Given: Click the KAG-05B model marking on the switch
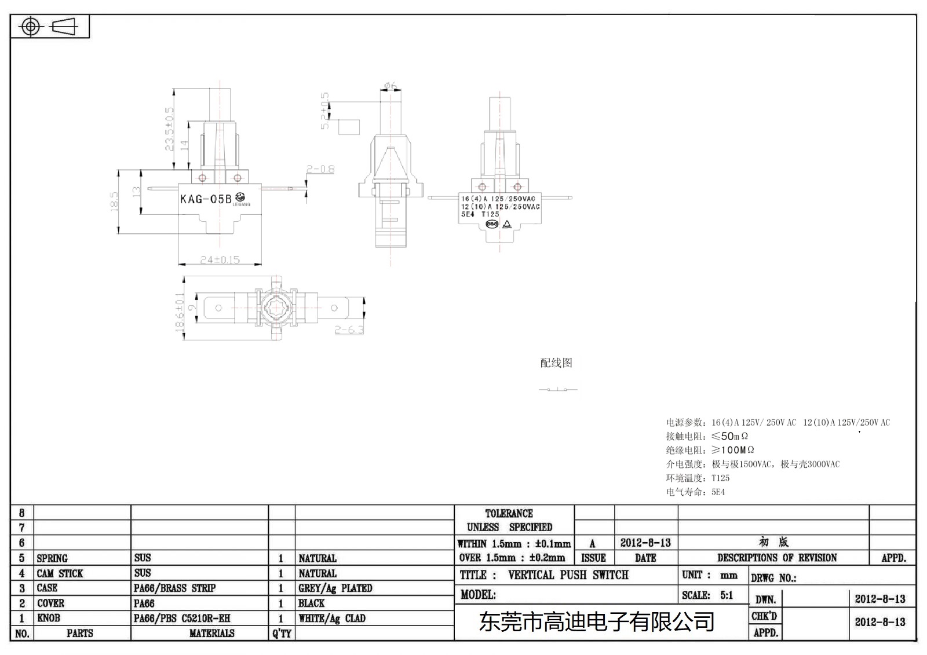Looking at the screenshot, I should click(206, 199).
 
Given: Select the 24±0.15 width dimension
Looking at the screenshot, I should click(220, 260).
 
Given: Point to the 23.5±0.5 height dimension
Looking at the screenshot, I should click(170, 129).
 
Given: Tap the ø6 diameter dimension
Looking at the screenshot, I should click(390, 86).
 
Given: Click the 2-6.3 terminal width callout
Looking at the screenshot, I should click(349, 330).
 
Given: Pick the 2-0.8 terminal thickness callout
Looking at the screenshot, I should click(320, 169).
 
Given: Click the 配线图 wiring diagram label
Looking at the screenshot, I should click(556, 363).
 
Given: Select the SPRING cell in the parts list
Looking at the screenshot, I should click(52, 558).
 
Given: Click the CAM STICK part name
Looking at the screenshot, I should click(60, 573).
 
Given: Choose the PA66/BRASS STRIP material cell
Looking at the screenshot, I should click(174, 588).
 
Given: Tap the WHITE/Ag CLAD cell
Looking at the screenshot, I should click(331, 619).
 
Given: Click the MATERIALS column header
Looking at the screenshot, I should click(211, 634).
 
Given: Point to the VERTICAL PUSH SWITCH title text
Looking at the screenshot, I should click(568, 575).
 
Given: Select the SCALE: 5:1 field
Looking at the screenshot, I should click(707, 595).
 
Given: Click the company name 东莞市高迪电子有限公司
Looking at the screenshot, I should click(596, 623).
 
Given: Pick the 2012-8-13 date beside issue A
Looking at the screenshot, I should click(645, 543).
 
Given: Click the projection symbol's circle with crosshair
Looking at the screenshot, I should click(31, 27).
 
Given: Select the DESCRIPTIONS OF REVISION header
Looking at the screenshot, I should click(776, 558).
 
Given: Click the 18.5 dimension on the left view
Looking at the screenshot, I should click(114, 201).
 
